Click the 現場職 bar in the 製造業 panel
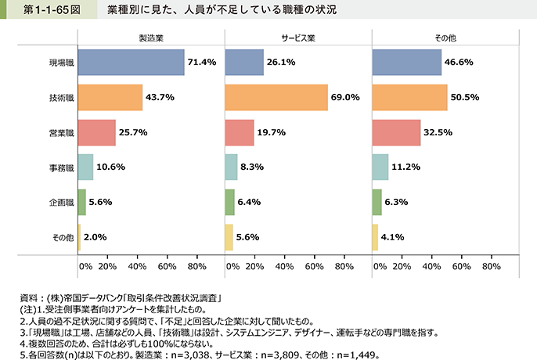(x=131, y=63)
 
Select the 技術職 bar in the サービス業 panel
(x=276, y=97)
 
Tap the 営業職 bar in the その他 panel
(x=397, y=132)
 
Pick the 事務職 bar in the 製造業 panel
(x=85, y=167)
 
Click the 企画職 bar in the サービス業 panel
(x=229, y=201)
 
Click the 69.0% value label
(x=345, y=97)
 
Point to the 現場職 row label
(x=60, y=63)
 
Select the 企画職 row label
(x=60, y=201)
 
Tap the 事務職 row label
(x=60, y=167)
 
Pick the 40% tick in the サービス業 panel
(x=284, y=266)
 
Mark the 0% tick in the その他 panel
(x=379, y=266)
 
